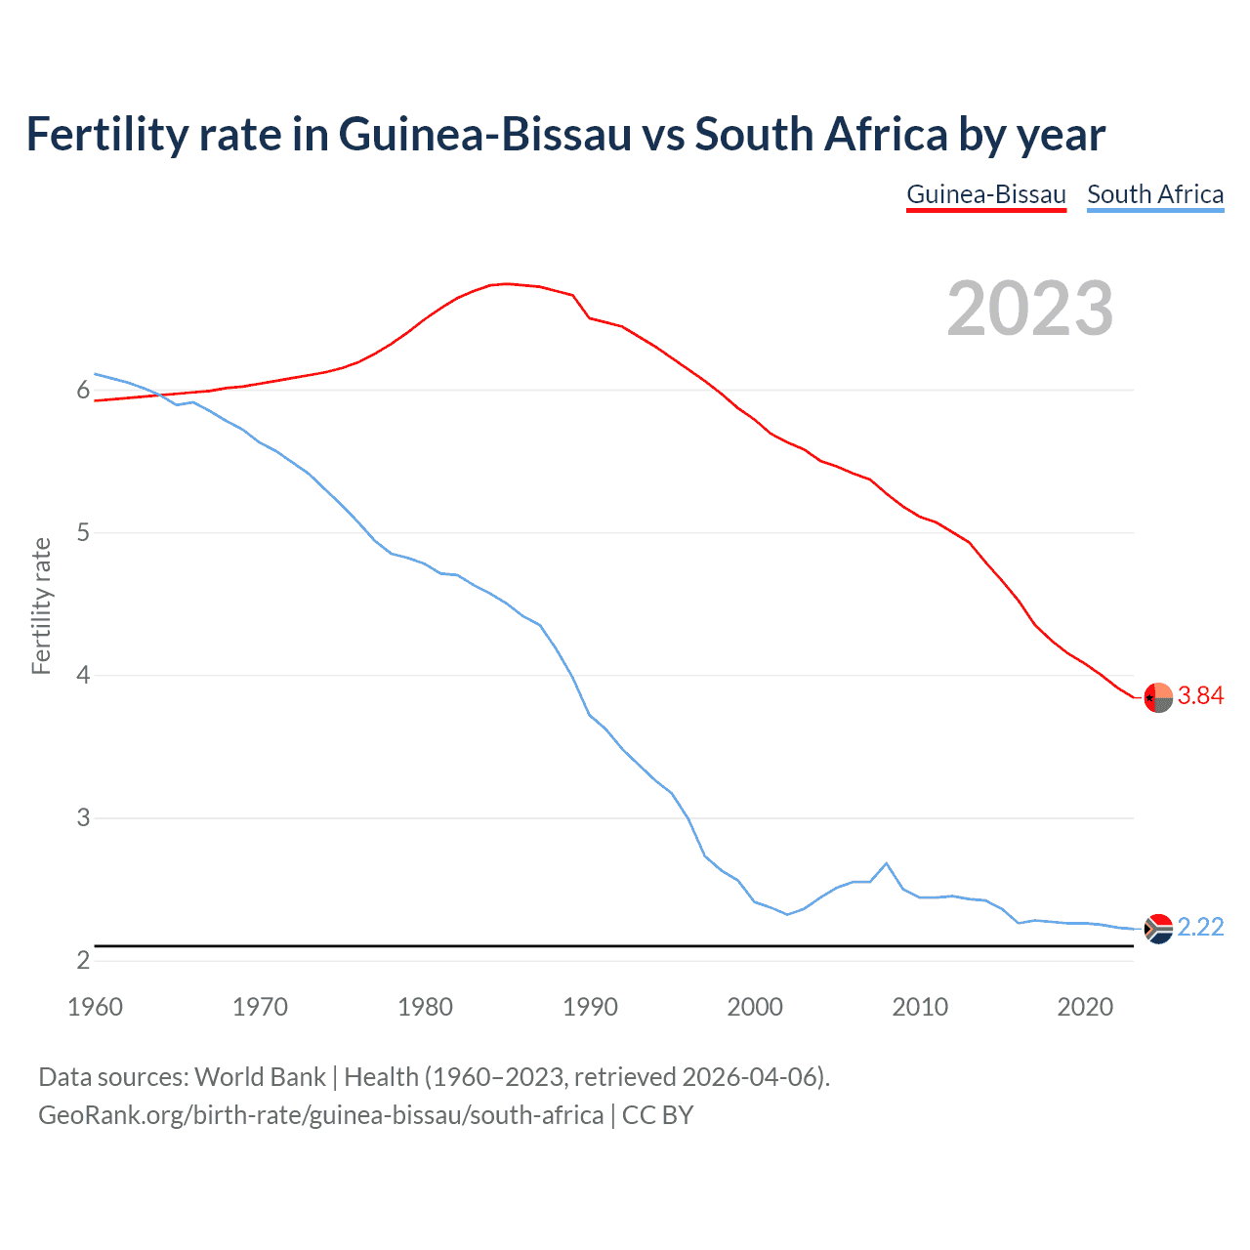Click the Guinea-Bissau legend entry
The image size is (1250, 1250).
pos(985,194)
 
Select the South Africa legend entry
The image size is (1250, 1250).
pos(1155,194)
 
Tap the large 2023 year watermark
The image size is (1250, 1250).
pos(1030,309)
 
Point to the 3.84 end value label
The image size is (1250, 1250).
pos(1200,695)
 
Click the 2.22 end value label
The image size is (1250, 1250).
pos(1200,927)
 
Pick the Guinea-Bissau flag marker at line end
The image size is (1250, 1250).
pos(1158,697)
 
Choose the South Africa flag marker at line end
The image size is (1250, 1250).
pos(1158,928)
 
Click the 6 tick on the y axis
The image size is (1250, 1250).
pos(83,391)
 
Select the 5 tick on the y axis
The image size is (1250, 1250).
pos(83,533)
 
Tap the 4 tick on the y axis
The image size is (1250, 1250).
pos(83,676)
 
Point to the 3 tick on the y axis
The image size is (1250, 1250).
pos(83,818)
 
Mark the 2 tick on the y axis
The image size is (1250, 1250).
pos(83,961)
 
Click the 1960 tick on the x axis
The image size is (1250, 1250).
pos(95,1007)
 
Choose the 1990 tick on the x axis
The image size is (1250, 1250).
pos(590,1007)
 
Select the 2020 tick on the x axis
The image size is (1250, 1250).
pos(1085,1007)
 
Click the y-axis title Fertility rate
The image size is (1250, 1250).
pos(41,605)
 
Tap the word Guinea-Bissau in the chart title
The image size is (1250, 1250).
pos(485,135)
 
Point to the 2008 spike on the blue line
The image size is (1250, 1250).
pos(886,863)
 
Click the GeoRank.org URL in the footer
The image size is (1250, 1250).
pos(320,1115)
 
